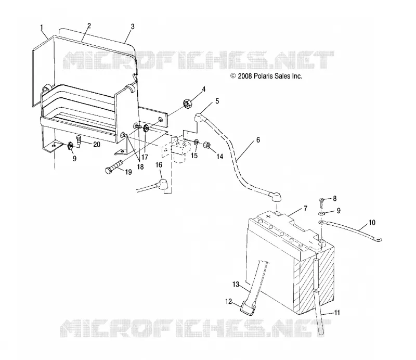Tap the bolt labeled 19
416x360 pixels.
click(x=114, y=166)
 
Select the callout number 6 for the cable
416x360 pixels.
click(x=258, y=139)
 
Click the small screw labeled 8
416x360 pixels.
click(x=321, y=202)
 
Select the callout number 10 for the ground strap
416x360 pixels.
click(x=372, y=223)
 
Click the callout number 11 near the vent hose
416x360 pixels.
click(x=336, y=313)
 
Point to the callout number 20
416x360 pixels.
click(x=97, y=145)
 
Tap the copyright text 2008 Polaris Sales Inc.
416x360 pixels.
click(x=266, y=76)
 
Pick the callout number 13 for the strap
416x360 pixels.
click(x=236, y=285)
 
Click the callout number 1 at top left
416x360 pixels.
click(x=42, y=27)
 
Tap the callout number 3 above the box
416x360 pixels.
click(x=133, y=27)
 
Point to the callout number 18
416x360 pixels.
click(x=140, y=166)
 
